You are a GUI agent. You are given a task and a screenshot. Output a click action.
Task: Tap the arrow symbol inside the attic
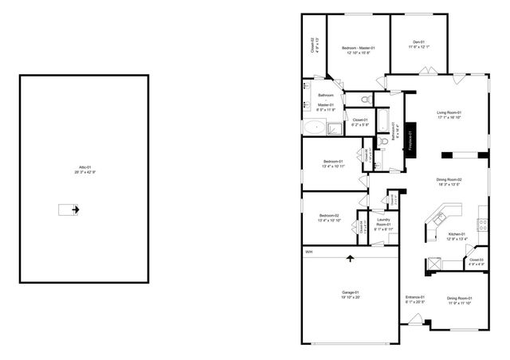point(70,209)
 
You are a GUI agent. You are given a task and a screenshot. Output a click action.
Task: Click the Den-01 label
point(419,45)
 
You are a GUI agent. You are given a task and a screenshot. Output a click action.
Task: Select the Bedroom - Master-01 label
point(358,50)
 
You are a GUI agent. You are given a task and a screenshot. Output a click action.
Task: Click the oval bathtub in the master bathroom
point(313,127)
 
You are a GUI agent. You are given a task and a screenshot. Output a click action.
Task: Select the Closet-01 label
point(360,122)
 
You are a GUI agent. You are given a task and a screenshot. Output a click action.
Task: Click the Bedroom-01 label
point(331,164)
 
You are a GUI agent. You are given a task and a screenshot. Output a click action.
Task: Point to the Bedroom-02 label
point(329,217)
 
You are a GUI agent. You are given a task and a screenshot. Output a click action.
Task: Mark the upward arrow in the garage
point(350,258)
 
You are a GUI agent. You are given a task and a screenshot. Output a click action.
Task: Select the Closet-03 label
point(476,261)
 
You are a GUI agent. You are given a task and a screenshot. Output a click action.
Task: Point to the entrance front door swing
point(414,320)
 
